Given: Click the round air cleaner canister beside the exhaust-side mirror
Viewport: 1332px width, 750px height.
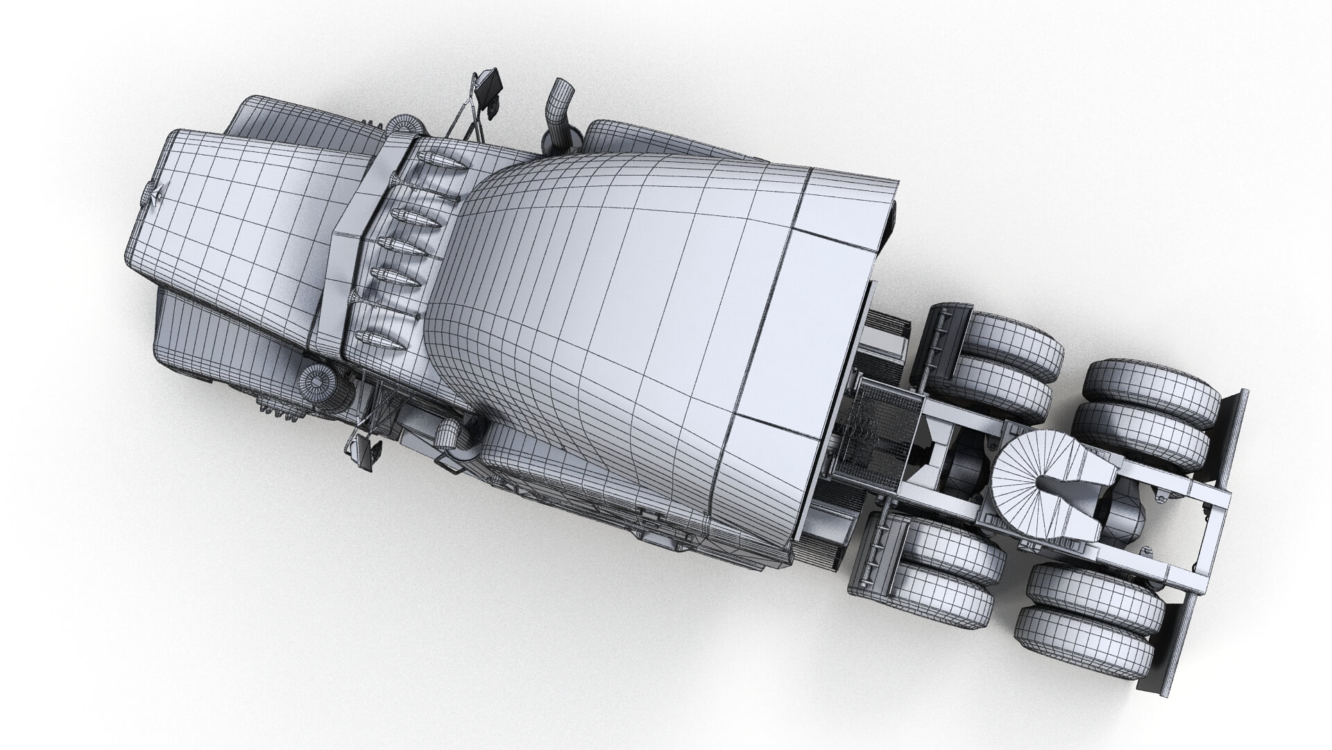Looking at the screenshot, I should [x=405, y=125].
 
